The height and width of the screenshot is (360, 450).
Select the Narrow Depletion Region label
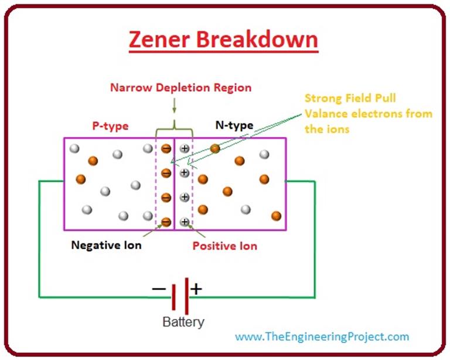pos(180,88)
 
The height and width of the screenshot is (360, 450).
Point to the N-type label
pos(234,125)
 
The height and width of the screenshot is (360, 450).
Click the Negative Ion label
pos(106,245)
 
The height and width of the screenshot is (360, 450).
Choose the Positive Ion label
pos(225,246)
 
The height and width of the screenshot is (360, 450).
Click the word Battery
pos(183,322)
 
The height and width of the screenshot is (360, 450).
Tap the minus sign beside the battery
pos(158,288)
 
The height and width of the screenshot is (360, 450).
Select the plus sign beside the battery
pos(196,288)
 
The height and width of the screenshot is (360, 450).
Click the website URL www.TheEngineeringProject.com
pos(322,337)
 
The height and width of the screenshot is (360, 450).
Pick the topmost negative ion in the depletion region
pos(166,149)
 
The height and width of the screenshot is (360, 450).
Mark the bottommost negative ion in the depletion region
pos(166,222)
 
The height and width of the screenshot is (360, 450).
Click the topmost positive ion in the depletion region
pos(185,149)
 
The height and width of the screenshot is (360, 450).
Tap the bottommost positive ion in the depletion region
pos(185,222)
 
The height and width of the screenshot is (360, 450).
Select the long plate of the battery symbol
pos(187,296)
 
